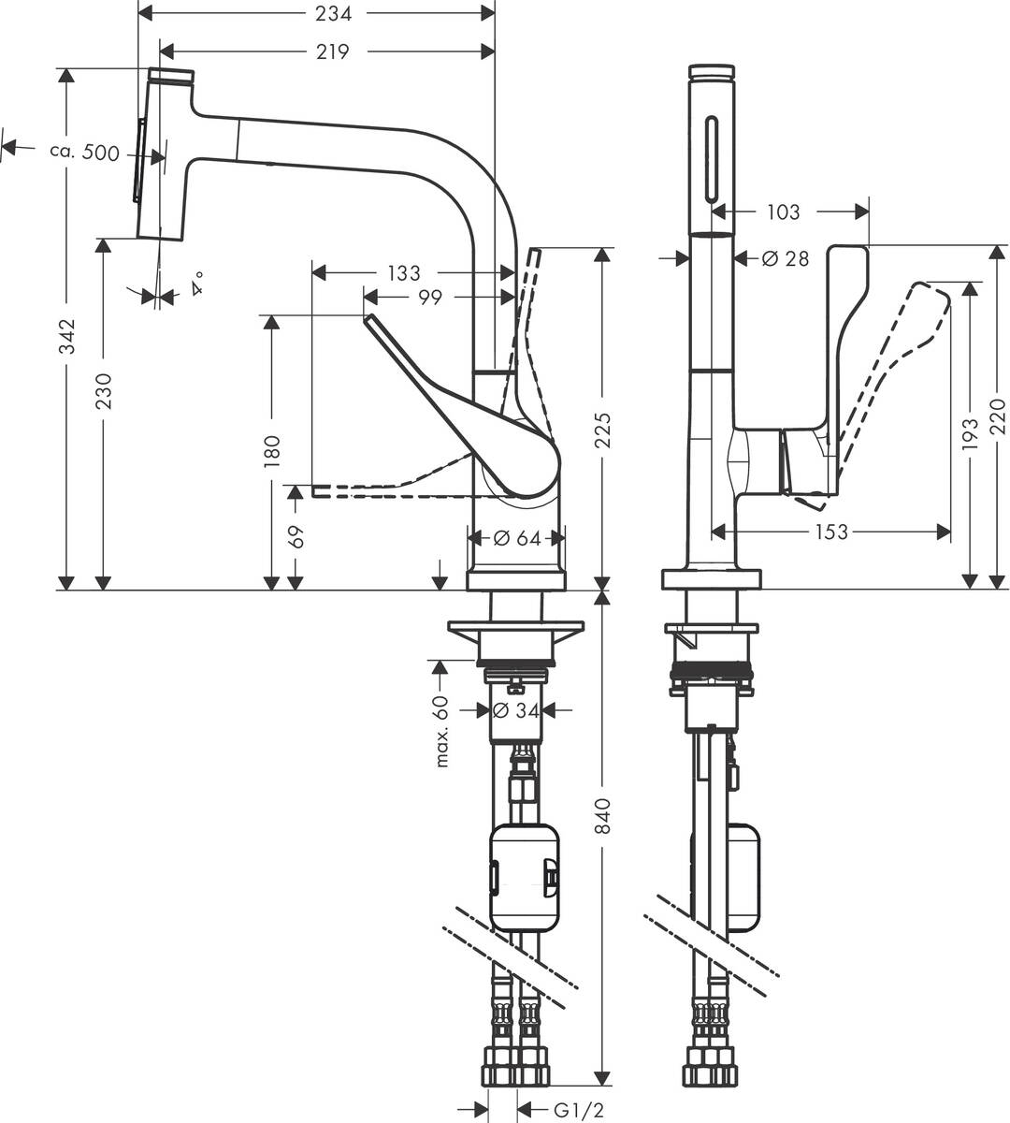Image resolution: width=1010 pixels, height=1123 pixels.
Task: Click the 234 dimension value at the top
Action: [333, 13]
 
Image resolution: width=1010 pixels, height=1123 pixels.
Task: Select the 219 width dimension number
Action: [332, 51]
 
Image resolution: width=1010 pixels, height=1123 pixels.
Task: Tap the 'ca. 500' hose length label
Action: [84, 152]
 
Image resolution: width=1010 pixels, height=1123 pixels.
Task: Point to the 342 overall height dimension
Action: [67, 336]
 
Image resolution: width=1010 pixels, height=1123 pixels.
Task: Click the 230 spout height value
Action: [104, 391]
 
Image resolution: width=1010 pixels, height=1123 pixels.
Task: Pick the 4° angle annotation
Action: [197, 284]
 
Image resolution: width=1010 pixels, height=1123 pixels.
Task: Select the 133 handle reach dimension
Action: [403, 273]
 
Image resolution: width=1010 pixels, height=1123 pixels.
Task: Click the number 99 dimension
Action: [430, 298]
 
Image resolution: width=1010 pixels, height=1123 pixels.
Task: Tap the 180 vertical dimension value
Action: [272, 451]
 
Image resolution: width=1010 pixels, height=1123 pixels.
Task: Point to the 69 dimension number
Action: [296, 537]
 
